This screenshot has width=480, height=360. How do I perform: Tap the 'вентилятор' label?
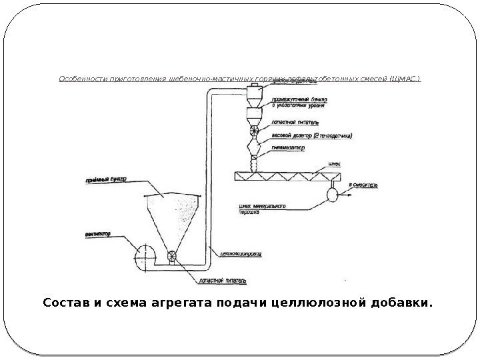(98, 234)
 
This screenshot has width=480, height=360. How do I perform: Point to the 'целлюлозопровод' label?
(236, 251)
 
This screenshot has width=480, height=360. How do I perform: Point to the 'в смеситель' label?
(363, 187)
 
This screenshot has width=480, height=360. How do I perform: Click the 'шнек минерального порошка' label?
(262, 209)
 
